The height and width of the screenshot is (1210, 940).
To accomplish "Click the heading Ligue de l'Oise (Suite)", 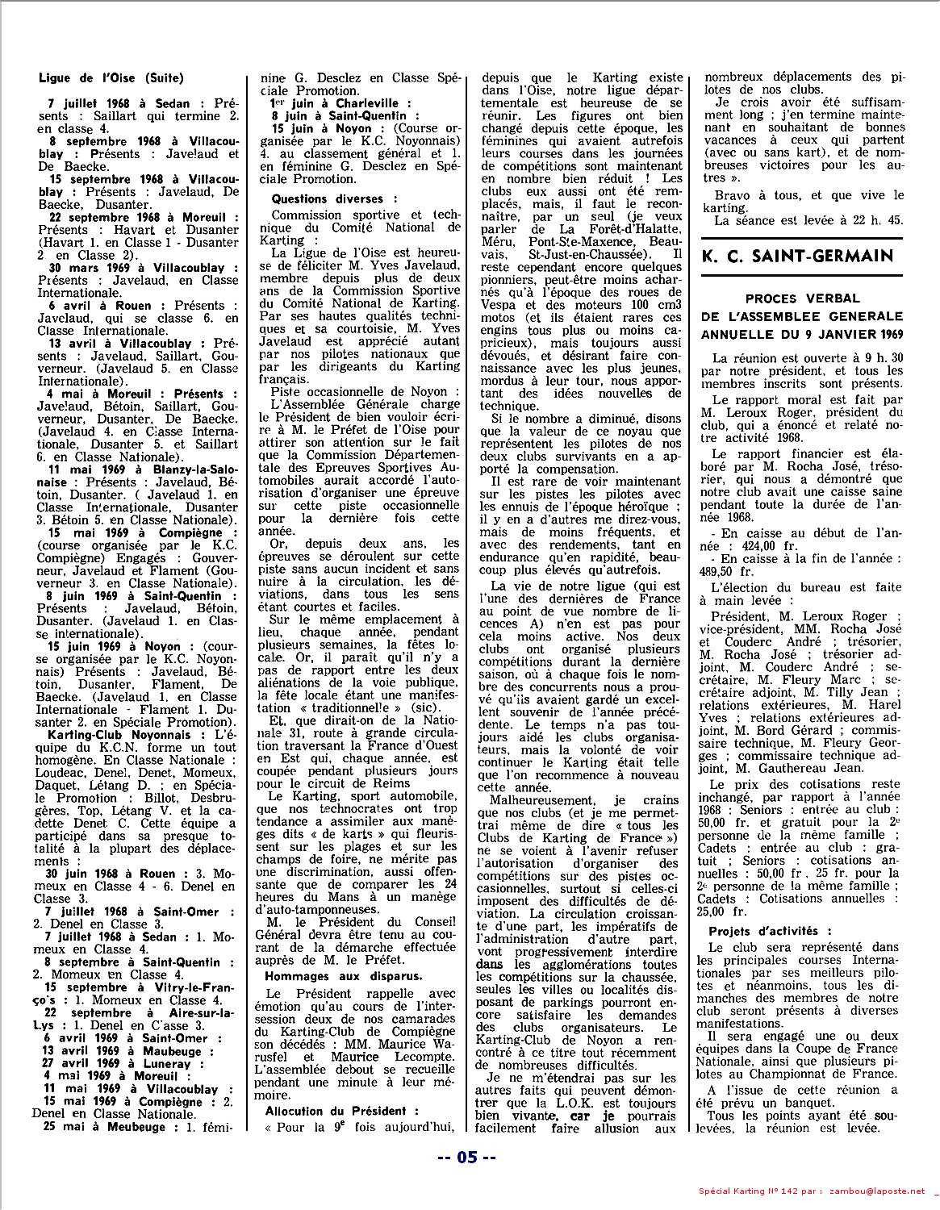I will click(111, 78).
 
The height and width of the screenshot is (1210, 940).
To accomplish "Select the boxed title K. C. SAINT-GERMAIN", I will click(798, 257).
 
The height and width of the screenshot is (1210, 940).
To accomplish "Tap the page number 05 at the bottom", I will click(466, 1157).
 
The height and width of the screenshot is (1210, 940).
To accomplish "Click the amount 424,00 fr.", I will click(740, 545).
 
